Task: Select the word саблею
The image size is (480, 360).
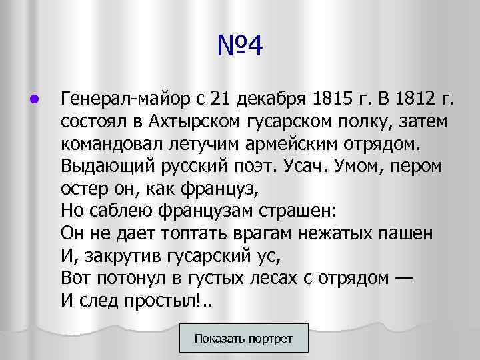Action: tap(128, 211)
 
